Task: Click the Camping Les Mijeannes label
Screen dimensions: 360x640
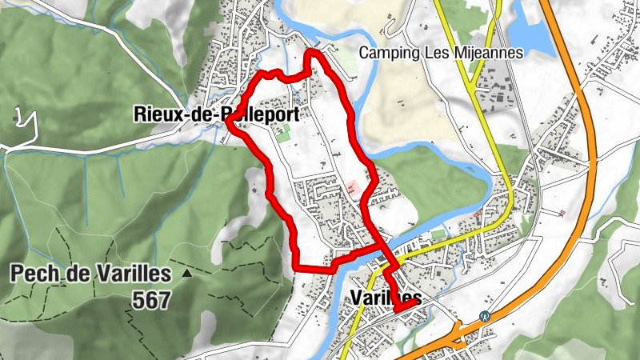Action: point(441,53)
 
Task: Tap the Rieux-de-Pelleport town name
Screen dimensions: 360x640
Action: point(217,114)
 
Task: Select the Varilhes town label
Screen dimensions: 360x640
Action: point(386,298)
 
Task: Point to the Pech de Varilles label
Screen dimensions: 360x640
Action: point(90,274)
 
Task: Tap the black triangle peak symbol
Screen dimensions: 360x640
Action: point(186,274)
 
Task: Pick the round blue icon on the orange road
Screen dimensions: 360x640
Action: point(484,315)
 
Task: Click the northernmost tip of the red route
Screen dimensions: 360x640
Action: point(312,52)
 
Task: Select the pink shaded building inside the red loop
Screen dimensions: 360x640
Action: point(351,188)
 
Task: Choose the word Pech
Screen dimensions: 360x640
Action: point(30,274)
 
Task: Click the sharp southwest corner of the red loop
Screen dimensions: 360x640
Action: point(296,265)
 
